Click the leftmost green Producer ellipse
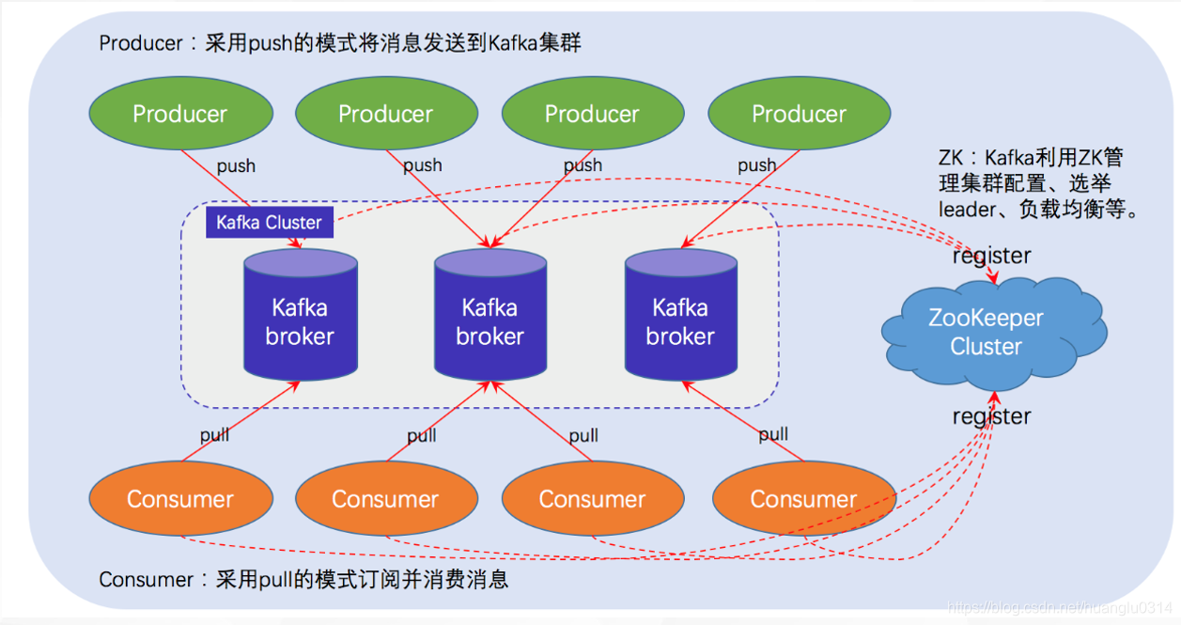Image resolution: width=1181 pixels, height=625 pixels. point(180,114)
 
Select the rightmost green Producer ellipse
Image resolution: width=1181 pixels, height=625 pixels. point(799,114)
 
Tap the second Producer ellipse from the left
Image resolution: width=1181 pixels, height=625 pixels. point(386,114)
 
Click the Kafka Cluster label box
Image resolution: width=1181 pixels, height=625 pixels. point(269,223)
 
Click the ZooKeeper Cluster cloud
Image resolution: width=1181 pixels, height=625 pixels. point(987,332)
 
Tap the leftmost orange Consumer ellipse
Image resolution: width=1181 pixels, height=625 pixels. point(180,499)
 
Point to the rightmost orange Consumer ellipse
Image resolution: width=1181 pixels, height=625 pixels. point(803,499)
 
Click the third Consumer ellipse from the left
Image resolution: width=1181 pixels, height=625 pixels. point(592,499)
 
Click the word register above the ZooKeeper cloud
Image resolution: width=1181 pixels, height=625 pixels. point(991,256)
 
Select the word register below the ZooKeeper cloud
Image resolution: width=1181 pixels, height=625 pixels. point(991,416)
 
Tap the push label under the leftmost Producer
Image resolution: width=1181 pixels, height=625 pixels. point(236,166)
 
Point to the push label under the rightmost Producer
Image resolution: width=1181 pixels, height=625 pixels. point(756,165)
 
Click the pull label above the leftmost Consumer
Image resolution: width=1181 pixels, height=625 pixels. point(214,436)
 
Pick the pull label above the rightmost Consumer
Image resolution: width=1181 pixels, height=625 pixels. point(773,434)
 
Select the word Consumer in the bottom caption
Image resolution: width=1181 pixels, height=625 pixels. point(147,579)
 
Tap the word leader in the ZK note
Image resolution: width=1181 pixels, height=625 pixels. point(966,210)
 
